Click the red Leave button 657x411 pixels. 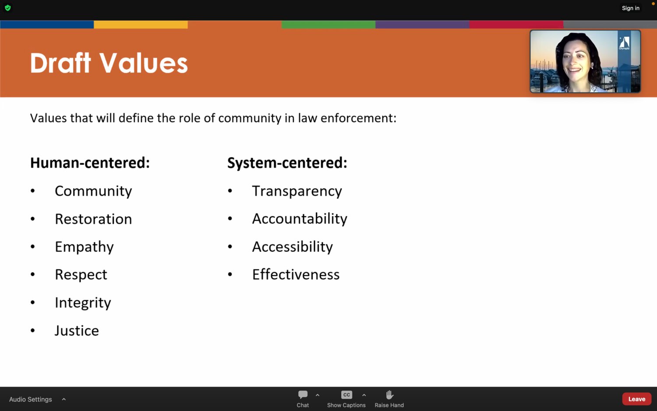[x=637, y=399]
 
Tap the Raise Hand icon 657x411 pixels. [x=389, y=395]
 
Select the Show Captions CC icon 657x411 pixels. [x=346, y=395]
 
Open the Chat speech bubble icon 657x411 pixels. [x=303, y=395]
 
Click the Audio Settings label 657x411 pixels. [x=31, y=399]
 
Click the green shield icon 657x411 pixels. [x=8, y=8]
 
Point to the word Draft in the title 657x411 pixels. [x=60, y=63]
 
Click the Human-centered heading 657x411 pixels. [x=90, y=163]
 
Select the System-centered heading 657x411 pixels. [x=287, y=163]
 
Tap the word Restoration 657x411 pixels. [x=93, y=219]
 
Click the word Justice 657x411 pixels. [x=77, y=331]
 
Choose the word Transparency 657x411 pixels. [x=297, y=191]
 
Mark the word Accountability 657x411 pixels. [x=300, y=219]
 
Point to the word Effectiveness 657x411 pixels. [x=296, y=275]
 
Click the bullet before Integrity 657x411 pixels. [x=32, y=302]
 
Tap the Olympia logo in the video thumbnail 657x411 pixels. [x=624, y=43]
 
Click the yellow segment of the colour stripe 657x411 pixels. [x=141, y=25]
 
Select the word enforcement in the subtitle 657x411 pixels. [x=358, y=118]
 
